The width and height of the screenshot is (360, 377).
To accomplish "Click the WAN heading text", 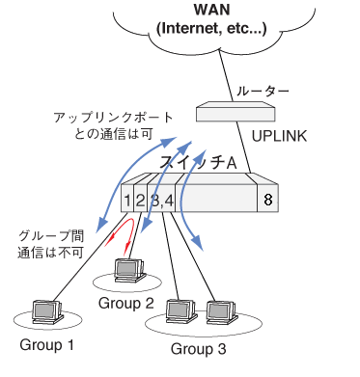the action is (212, 10).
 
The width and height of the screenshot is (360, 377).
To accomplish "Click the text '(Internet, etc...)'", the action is (211, 29).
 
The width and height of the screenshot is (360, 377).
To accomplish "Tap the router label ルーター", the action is (263, 92).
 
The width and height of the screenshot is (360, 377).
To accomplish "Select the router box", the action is (235, 112).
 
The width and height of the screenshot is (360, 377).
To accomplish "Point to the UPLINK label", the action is (279, 136).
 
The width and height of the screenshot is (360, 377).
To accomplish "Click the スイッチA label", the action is (198, 163).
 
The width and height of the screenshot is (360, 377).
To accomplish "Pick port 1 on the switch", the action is (127, 201).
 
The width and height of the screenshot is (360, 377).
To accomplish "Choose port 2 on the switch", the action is (140, 201).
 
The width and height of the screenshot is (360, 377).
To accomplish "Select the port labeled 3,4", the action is (161, 201).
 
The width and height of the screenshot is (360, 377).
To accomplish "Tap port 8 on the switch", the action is (267, 200).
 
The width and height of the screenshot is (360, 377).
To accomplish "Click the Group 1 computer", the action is (47, 311).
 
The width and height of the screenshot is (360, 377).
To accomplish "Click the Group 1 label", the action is (47, 345).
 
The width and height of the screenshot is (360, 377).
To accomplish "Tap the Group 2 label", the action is (126, 304).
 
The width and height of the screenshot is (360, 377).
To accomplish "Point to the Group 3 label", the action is (199, 349).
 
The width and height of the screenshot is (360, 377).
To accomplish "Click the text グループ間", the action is (51, 236).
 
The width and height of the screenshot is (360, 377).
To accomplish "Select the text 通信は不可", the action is (50, 253).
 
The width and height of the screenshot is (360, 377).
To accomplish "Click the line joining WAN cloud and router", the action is (227, 75).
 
